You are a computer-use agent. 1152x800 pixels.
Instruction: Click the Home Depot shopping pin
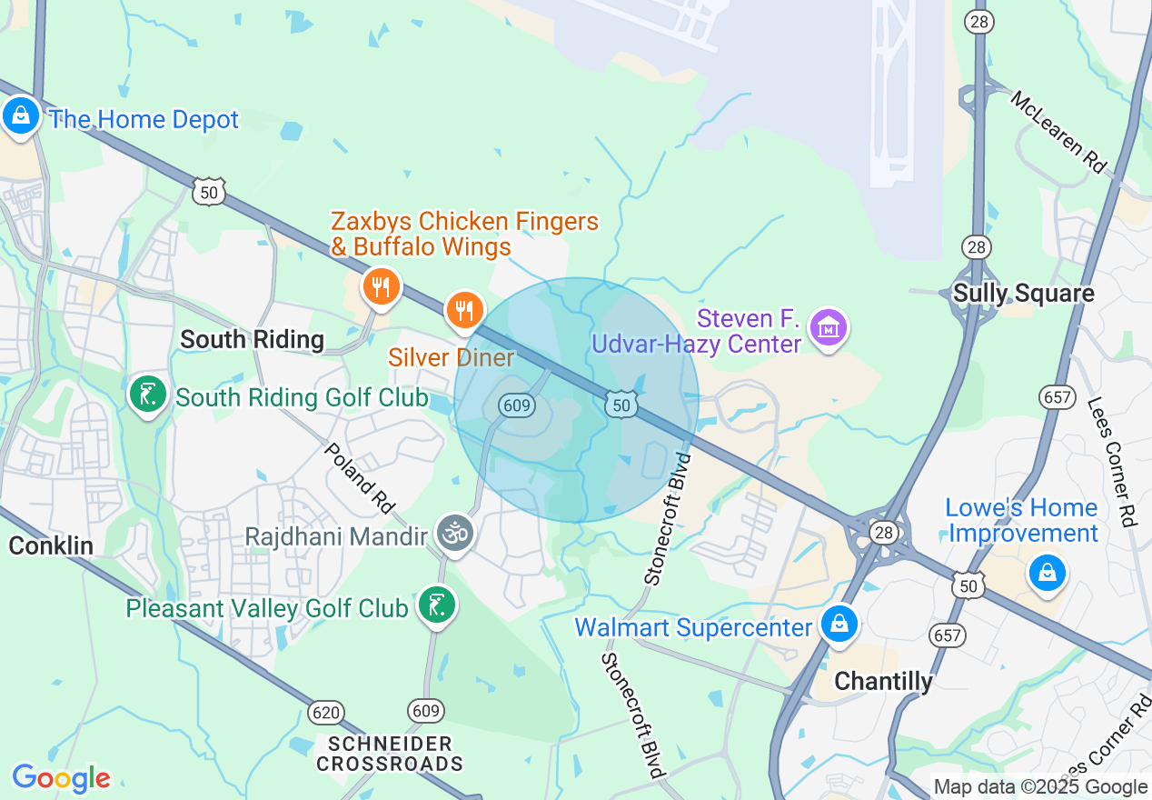[x=20, y=115]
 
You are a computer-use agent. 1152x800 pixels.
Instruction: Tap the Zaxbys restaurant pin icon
[x=382, y=288]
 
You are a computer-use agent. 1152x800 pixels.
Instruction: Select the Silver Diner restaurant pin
[x=464, y=312]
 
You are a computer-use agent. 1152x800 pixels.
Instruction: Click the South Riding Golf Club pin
[x=145, y=395]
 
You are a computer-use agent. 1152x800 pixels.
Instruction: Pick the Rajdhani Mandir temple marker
[x=454, y=533]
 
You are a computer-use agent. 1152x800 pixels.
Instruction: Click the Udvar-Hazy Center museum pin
[x=829, y=328]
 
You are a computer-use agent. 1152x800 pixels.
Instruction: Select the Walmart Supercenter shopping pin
[x=839, y=625]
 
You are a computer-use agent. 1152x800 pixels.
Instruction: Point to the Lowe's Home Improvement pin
[x=1047, y=573]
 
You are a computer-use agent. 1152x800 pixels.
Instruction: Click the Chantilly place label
[x=883, y=681]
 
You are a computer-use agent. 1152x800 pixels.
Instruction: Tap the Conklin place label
[x=51, y=545]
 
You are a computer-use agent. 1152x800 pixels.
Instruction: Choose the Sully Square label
[x=1023, y=294]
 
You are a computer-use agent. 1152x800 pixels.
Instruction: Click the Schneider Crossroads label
[x=390, y=754]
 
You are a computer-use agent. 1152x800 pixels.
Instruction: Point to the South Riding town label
[x=252, y=339]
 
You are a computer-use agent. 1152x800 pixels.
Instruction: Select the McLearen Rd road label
[x=1058, y=132]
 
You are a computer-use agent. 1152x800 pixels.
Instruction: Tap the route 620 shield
[x=324, y=712]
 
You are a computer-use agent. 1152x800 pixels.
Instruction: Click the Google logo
[x=61, y=778]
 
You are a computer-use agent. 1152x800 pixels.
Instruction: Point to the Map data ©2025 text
[x=1041, y=787]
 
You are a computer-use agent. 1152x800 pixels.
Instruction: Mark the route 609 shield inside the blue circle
[x=516, y=405]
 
